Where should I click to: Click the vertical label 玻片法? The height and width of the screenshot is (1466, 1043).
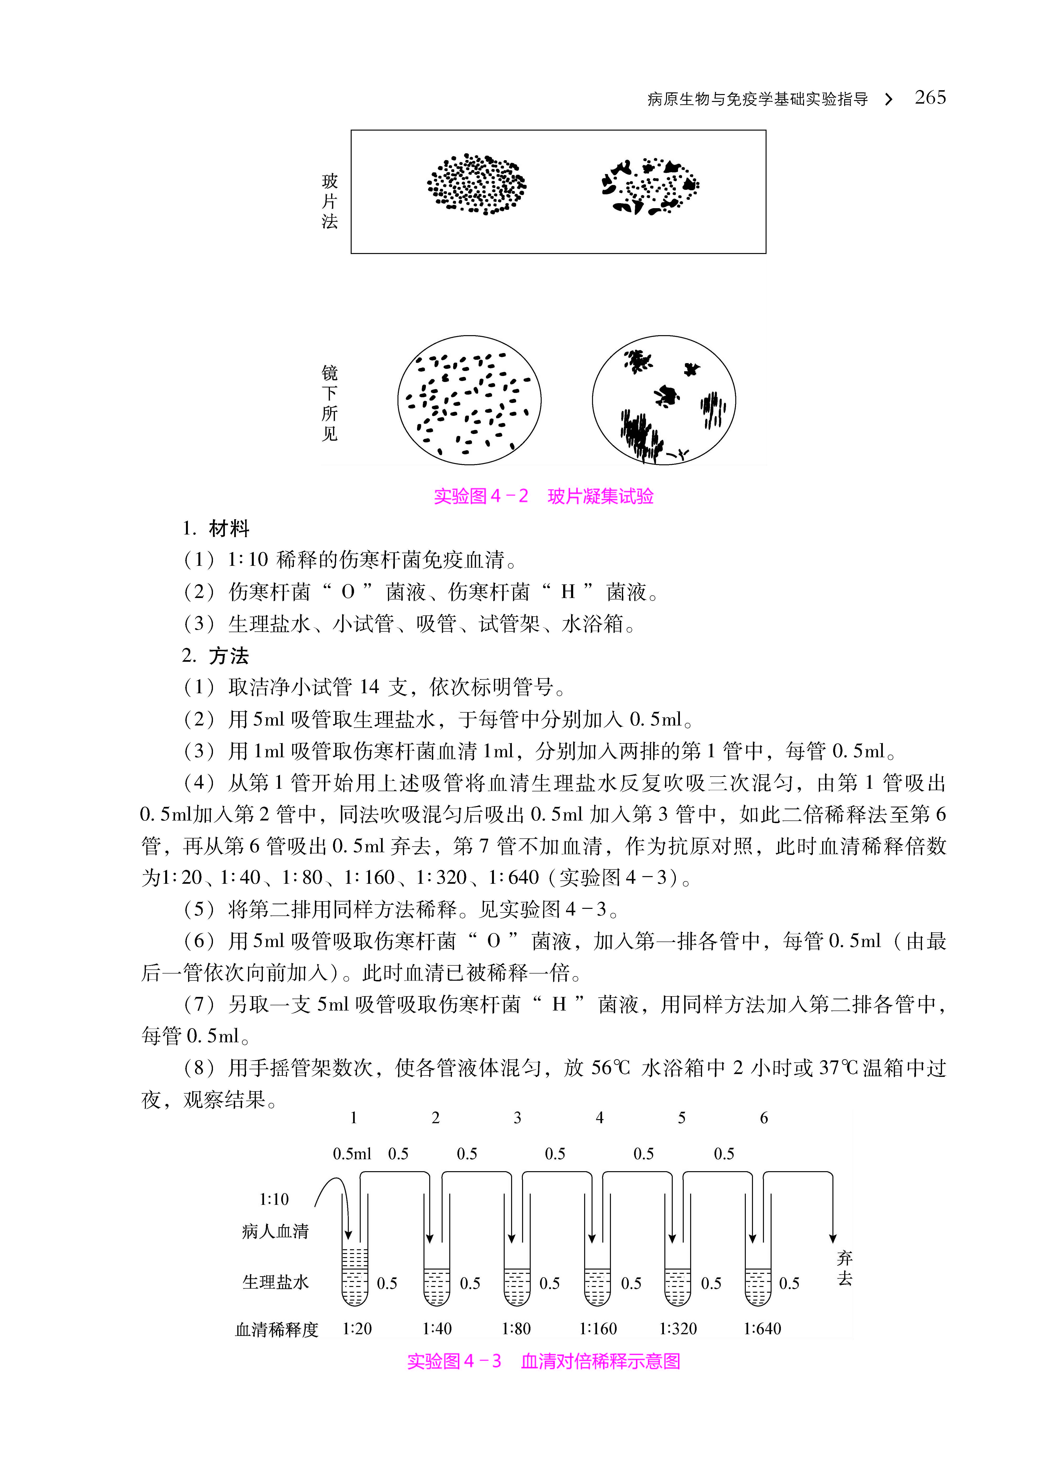329,201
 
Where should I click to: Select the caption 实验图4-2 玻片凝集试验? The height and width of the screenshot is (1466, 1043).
543,496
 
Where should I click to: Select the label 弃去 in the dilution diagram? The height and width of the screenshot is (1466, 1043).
845,1268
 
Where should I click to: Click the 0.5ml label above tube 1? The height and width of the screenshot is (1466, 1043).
352,1154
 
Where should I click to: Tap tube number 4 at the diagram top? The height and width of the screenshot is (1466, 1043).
599,1118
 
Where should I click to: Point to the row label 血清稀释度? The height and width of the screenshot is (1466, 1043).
277,1329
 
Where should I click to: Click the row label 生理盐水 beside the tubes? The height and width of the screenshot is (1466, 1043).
275,1282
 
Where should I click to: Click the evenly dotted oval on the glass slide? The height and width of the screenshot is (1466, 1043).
476,184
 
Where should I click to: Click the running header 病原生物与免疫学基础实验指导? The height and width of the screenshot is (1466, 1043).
757,99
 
